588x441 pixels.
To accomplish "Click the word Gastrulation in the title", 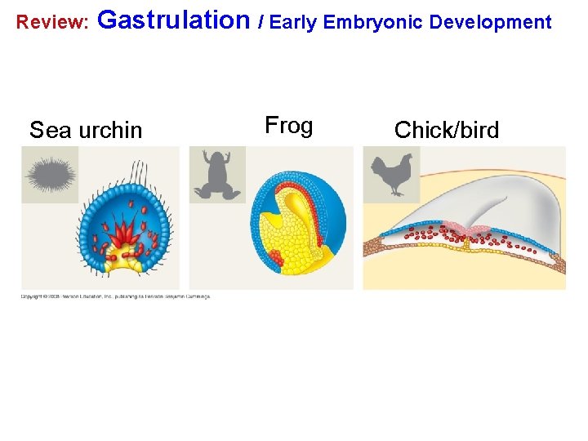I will tap(174, 20).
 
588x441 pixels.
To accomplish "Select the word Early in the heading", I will tap(293, 22).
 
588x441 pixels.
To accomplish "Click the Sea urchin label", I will tap(86, 130).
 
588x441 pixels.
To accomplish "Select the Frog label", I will tap(289, 126).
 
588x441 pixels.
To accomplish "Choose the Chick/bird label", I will tap(447, 130).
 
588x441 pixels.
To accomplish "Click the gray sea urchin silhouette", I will tap(51, 175).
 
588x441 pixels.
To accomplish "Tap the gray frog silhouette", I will tap(218, 175).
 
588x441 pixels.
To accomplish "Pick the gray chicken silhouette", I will tap(391, 175).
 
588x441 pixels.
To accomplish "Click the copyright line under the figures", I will tap(116, 296).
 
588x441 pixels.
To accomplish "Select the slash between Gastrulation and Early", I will tap(261, 22).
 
